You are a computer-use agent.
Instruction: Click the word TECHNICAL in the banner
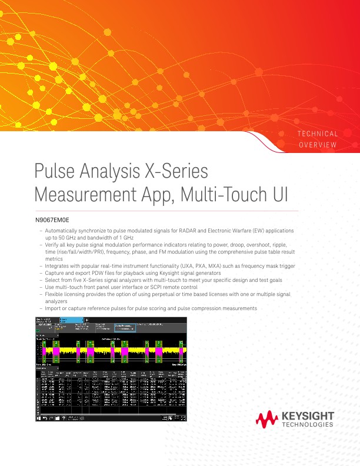click(317, 134)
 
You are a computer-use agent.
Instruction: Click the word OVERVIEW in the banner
click(318, 145)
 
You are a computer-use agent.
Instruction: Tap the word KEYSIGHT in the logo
click(308, 416)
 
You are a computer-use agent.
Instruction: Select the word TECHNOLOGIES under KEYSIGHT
click(308, 425)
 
